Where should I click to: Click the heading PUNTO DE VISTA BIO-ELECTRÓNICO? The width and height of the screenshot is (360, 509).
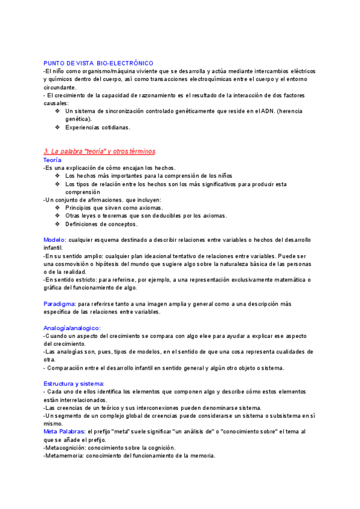point(98,63)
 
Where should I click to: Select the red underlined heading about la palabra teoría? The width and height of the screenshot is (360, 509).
point(100,151)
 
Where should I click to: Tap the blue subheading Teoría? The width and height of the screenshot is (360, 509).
point(52,160)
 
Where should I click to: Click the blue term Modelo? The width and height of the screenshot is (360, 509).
point(55,239)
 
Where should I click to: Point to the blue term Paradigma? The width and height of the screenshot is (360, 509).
point(59,304)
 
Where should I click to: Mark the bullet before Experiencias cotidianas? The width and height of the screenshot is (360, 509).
point(57,127)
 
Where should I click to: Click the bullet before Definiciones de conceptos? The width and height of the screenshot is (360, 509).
point(57,224)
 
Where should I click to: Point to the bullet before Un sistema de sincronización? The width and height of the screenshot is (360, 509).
point(57,111)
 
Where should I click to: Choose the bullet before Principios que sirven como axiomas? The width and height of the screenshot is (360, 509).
point(57,208)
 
